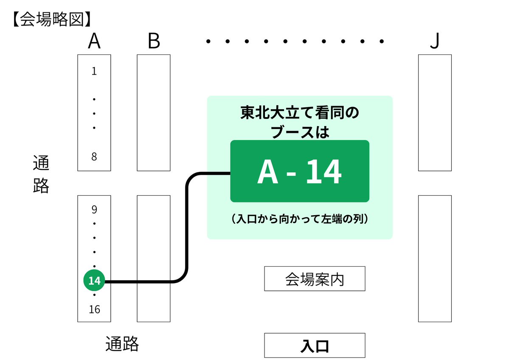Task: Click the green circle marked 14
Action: (94, 281)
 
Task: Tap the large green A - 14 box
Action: (299, 171)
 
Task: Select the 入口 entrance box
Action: (315, 345)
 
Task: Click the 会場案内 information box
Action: (315, 279)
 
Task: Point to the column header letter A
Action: (94, 42)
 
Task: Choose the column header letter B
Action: (154, 42)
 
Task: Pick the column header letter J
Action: (434, 42)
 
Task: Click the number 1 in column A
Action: (94, 71)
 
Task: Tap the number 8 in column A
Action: (94, 157)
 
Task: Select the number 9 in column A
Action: (94, 209)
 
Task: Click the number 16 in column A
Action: (94, 310)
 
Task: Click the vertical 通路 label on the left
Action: (41, 174)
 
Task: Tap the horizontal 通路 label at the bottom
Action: (122, 344)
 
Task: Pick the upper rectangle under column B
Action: (154, 112)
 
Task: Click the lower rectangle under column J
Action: (435, 258)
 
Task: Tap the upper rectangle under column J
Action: (435, 112)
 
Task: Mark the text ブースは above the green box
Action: (300, 131)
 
